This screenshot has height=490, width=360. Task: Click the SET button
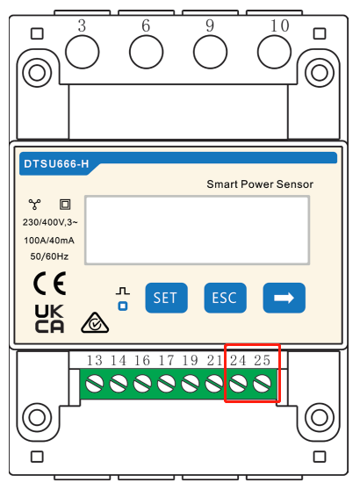166,298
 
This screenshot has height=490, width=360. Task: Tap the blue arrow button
284,298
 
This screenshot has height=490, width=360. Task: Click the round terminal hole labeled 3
83,52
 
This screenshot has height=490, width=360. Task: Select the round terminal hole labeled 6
147,52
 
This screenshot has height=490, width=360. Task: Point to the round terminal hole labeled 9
211,52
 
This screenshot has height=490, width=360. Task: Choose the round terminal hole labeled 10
274,52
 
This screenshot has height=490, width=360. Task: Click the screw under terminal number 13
94,384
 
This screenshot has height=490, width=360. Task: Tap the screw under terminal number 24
238,384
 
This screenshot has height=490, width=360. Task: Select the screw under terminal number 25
262,384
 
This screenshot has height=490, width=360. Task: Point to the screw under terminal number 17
166,384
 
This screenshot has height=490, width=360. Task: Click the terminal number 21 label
214,360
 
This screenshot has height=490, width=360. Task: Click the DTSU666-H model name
56,163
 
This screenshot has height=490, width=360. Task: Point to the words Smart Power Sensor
260,184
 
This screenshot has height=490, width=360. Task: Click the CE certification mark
50,284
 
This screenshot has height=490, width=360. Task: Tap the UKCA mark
49,319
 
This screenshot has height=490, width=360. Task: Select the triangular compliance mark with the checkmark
95,323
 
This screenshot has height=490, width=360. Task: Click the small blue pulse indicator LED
123,306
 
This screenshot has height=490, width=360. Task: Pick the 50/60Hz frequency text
49,256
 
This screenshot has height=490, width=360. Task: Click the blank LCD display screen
198,230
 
